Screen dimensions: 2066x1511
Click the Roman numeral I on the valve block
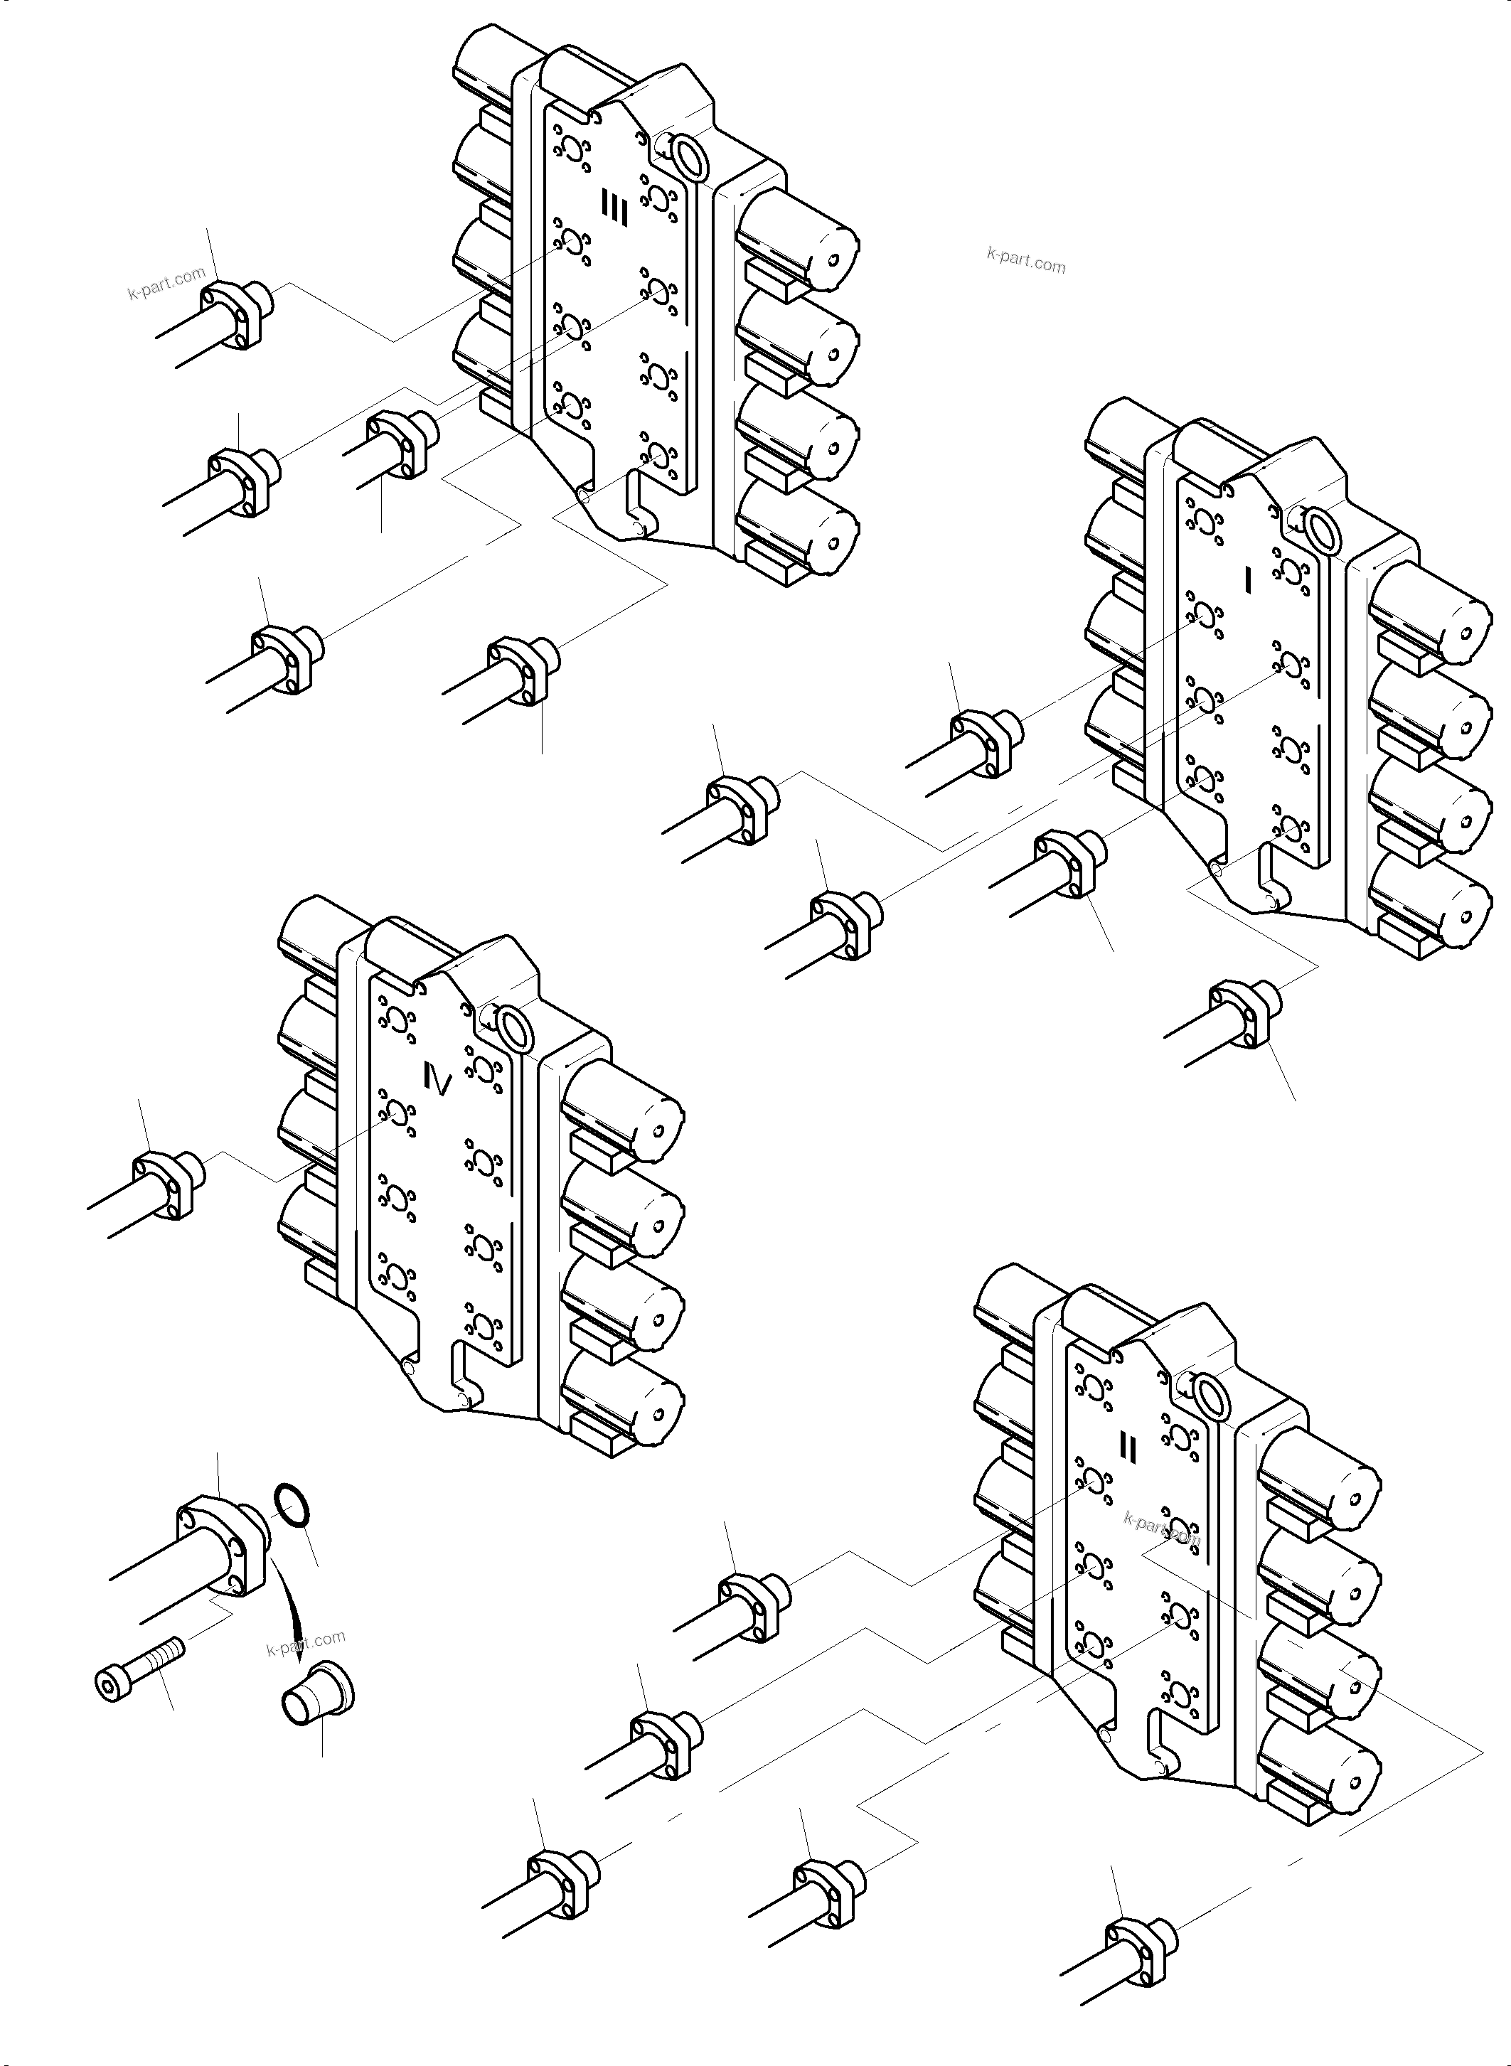coord(1249,578)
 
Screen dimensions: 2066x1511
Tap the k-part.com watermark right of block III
coord(1026,259)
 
